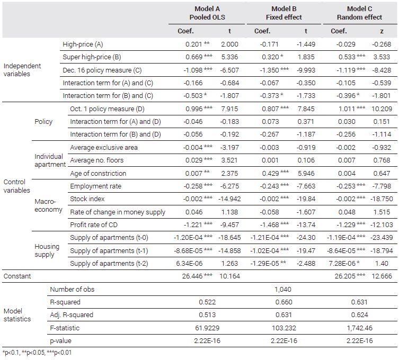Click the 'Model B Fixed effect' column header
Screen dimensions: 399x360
(283, 13)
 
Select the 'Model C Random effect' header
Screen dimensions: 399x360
(359, 13)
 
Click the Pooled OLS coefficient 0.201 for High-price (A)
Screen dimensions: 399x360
(193, 44)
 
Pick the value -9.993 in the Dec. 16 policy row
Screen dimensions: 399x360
(306, 70)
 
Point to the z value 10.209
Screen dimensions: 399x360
(382, 109)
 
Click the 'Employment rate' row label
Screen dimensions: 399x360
(96, 186)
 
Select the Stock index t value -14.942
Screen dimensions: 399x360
(229, 199)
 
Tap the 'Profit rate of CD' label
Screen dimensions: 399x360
(94, 225)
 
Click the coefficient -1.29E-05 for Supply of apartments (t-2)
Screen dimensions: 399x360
(264, 264)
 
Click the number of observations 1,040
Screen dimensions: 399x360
(283, 289)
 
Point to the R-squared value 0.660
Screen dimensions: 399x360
(283, 302)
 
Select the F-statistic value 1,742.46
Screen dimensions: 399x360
(360, 328)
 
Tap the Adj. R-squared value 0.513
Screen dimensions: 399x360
(207, 315)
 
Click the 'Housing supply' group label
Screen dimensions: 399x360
(47, 250)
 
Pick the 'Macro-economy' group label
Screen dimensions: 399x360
(48, 205)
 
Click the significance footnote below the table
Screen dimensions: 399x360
(37, 353)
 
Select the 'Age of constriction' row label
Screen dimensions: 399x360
(98, 174)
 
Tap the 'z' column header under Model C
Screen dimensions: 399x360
(382, 31)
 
